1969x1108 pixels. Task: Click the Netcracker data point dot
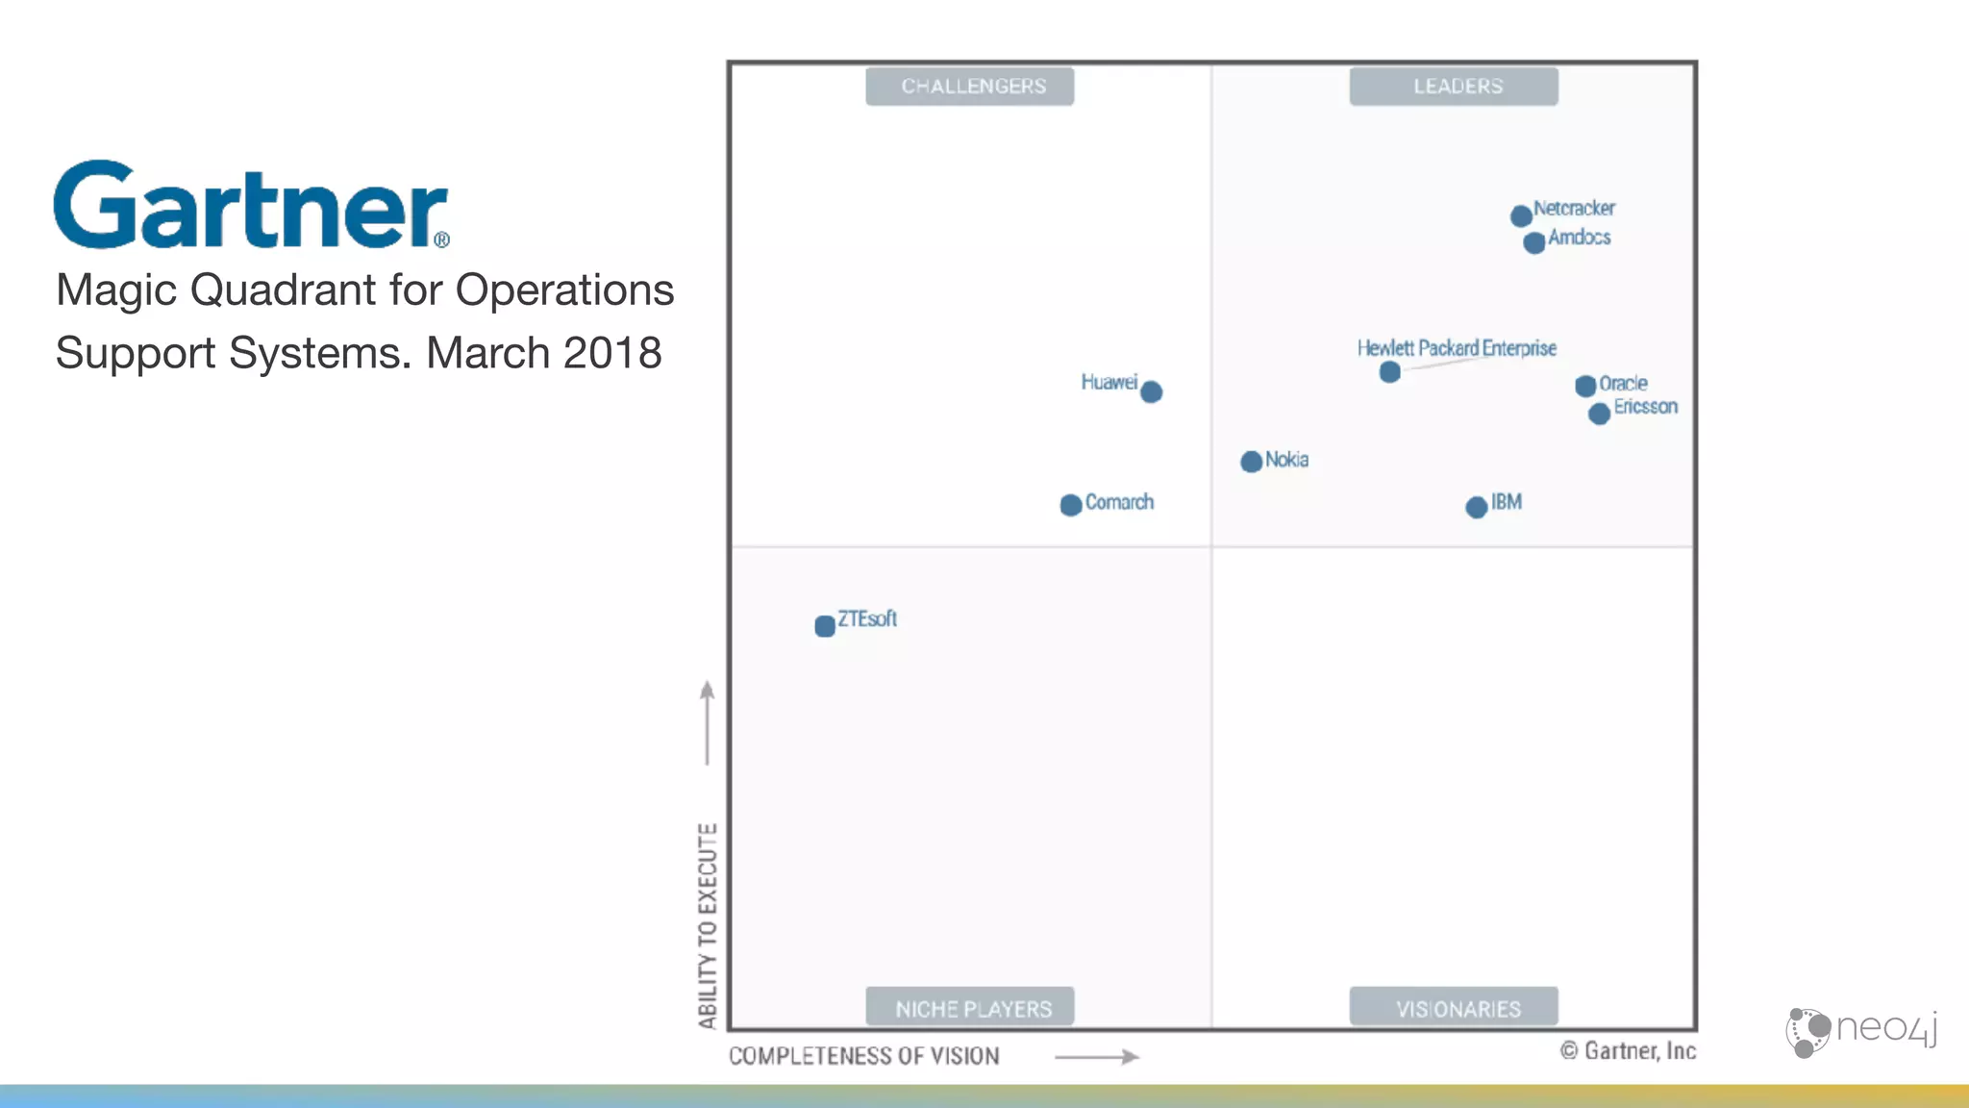pos(1521,215)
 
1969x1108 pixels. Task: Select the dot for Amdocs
pos(1534,242)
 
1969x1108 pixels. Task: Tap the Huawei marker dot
pos(1151,391)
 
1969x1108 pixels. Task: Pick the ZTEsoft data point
pos(825,626)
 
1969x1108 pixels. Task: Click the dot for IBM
pos(1477,507)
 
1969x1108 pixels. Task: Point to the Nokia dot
pos(1251,462)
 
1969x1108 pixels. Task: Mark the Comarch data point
pos(1071,505)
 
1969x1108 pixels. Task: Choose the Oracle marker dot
pos(1585,386)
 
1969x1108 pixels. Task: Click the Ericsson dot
pos(1599,414)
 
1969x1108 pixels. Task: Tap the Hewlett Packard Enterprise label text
pos(1457,348)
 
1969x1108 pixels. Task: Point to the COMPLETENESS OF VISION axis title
pos(863,1056)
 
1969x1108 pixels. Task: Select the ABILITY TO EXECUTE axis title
pos(708,925)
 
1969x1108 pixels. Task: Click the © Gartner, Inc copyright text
pos(1628,1051)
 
